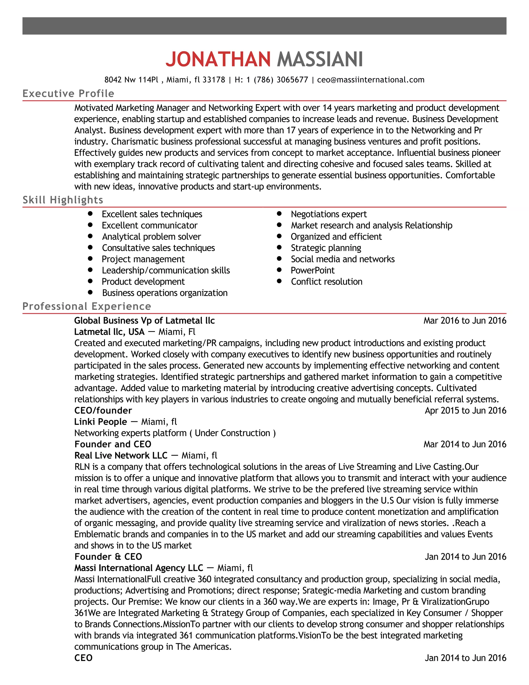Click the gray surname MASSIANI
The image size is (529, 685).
click(320, 59)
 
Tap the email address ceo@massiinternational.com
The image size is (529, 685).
click(371, 80)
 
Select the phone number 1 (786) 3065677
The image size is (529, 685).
click(277, 80)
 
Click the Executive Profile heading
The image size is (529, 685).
click(68, 94)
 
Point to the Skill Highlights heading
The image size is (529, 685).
click(63, 200)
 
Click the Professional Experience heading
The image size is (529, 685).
click(87, 306)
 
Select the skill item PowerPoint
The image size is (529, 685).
click(313, 270)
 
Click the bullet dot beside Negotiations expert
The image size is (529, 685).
click(279, 214)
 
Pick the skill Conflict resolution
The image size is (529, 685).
click(326, 282)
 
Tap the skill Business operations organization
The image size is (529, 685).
click(165, 293)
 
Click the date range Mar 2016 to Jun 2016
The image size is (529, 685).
click(465, 321)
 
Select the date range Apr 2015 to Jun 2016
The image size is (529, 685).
click(465, 410)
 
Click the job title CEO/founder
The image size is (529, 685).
click(103, 410)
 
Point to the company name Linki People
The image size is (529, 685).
click(100, 422)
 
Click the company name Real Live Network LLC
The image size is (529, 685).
click(121, 455)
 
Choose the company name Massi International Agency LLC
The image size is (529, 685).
click(138, 568)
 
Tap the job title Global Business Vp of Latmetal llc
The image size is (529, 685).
click(144, 321)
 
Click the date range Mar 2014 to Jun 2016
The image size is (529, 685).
click(465, 444)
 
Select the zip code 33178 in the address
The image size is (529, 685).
click(214, 80)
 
